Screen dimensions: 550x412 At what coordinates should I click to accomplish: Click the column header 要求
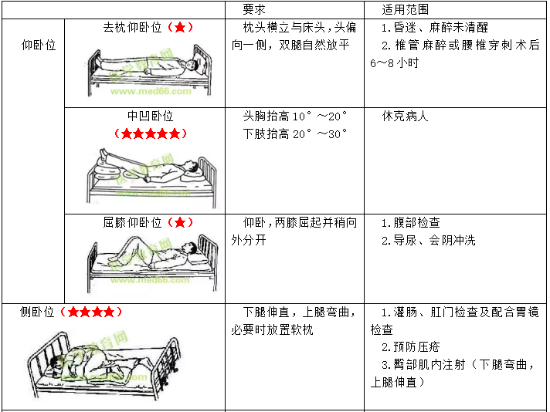(x=254, y=9)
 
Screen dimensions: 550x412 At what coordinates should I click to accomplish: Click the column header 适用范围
(x=405, y=9)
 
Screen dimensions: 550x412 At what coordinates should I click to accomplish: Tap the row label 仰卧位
(x=39, y=45)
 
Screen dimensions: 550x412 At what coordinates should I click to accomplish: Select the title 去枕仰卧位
(x=133, y=27)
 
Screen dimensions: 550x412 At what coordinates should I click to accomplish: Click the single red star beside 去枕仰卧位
(x=180, y=27)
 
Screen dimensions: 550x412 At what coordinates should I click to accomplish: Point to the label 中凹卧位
(x=150, y=116)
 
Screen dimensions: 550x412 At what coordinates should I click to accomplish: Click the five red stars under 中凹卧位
(x=151, y=133)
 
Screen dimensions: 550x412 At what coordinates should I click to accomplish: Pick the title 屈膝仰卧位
(x=133, y=222)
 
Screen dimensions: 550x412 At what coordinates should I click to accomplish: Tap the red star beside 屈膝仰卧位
(x=180, y=222)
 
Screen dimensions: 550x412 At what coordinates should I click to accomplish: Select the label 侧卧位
(x=37, y=312)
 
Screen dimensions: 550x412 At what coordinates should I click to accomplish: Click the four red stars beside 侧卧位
(x=91, y=312)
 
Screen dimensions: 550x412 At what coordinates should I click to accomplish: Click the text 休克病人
(x=405, y=116)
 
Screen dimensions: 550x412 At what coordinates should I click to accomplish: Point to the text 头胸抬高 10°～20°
(x=295, y=116)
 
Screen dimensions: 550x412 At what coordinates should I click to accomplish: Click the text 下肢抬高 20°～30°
(x=295, y=133)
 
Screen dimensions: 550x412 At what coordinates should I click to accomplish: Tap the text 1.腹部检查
(x=411, y=222)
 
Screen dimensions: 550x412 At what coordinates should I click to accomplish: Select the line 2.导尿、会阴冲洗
(x=429, y=240)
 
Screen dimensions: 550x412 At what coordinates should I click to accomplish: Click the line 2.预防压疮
(x=411, y=347)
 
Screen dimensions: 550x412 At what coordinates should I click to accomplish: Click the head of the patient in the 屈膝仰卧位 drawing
(x=190, y=247)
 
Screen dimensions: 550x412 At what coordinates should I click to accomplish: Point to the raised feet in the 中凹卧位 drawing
(x=104, y=154)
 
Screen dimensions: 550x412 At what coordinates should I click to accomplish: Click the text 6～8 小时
(x=395, y=62)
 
